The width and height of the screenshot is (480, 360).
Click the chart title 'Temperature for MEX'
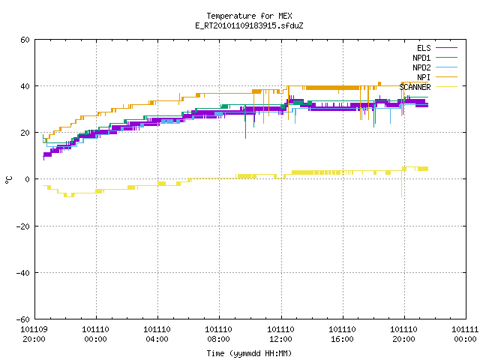click(x=249, y=16)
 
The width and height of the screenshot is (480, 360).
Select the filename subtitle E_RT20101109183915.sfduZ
click(x=249, y=25)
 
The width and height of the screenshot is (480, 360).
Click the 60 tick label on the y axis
click(x=25, y=40)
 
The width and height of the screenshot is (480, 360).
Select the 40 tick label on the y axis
click(x=25, y=86)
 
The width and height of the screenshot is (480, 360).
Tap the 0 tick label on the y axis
click(x=28, y=179)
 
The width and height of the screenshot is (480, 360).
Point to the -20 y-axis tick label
click(x=23, y=226)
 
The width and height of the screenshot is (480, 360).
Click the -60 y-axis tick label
click(x=23, y=319)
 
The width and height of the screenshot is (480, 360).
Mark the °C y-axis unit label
click(x=9, y=180)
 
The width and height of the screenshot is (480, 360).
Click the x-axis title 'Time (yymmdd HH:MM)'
click(x=249, y=353)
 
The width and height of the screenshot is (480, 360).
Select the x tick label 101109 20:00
click(x=34, y=334)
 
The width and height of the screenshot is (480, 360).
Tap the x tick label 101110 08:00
click(x=218, y=334)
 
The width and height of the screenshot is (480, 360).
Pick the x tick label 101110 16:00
click(x=342, y=334)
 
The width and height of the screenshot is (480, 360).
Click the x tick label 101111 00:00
click(x=465, y=334)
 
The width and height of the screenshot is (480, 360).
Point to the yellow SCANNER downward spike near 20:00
click(x=402, y=184)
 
